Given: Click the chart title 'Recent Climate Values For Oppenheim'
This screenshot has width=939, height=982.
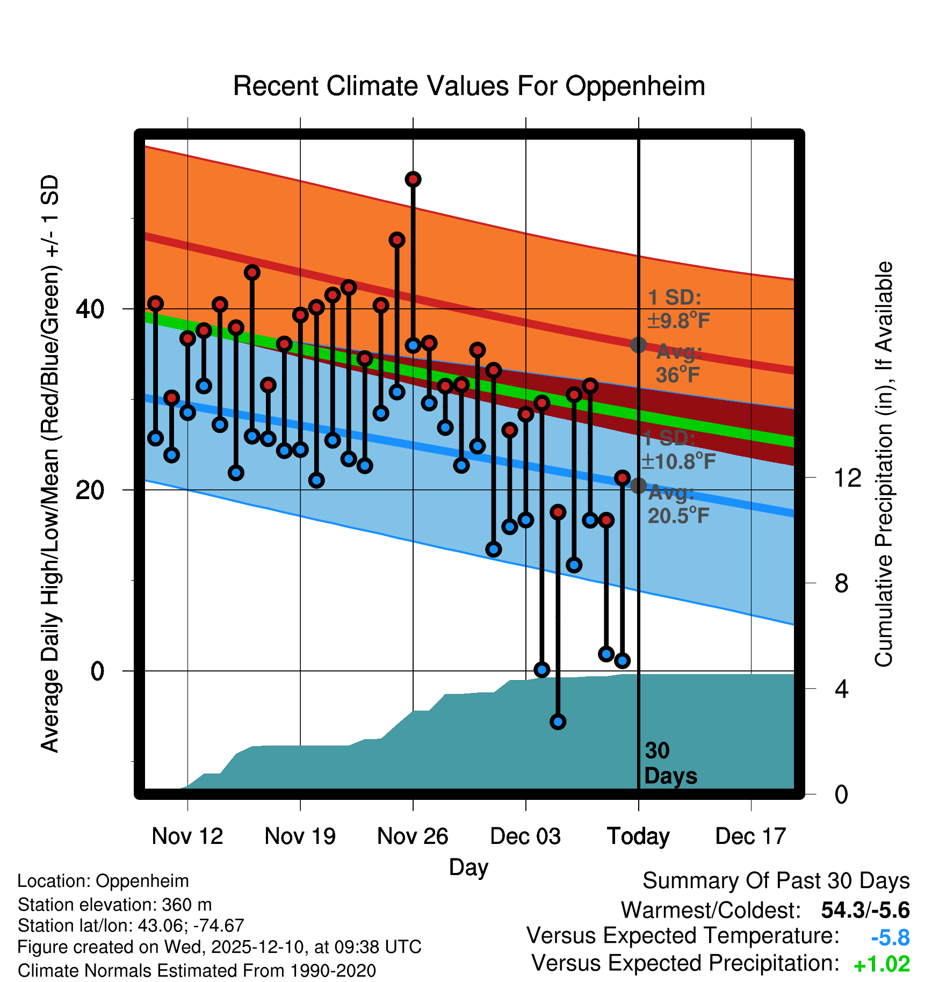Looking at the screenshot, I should pyautogui.click(x=468, y=86).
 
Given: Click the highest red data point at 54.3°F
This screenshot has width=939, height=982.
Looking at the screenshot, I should pyautogui.click(x=413, y=179).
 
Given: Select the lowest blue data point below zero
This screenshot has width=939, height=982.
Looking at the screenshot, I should pyautogui.click(x=558, y=721).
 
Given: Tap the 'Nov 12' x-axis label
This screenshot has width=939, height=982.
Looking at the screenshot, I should pyautogui.click(x=187, y=836).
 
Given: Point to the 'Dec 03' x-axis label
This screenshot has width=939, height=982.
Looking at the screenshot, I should pyautogui.click(x=525, y=836).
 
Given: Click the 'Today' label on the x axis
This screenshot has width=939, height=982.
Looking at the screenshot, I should pyautogui.click(x=638, y=836).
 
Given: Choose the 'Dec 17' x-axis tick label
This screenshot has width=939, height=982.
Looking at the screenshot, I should pyautogui.click(x=750, y=836).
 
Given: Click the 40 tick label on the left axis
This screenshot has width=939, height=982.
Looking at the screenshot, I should pyautogui.click(x=90, y=309).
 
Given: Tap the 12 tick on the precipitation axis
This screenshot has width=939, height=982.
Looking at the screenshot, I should pyautogui.click(x=848, y=478).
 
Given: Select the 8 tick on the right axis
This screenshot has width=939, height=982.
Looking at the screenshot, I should pyautogui.click(x=841, y=583).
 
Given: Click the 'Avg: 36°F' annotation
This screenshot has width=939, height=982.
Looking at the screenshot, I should pyautogui.click(x=678, y=364).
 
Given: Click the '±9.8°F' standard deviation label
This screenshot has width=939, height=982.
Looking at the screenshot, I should pyautogui.click(x=678, y=321).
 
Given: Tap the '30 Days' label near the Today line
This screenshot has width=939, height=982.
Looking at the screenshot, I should pyautogui.click(x=670, y=763).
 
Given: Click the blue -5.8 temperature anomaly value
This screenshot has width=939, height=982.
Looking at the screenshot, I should pyautogui.click(x=890, y=938).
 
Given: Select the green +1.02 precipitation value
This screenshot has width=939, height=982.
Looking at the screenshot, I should pyautogui.click(x=882, y=964).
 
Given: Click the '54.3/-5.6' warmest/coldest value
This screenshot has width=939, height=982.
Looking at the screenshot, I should pyautogui.click(x=865, y=910).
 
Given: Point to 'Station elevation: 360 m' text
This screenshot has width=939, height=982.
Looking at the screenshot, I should pyautogui.click(x=114, y=905).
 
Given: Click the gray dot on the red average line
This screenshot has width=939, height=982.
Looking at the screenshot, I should pyautogui.click(x=638, y=345).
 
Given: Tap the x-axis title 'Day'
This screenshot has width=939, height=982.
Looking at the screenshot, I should pyautogui.click(x=468, y=867).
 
